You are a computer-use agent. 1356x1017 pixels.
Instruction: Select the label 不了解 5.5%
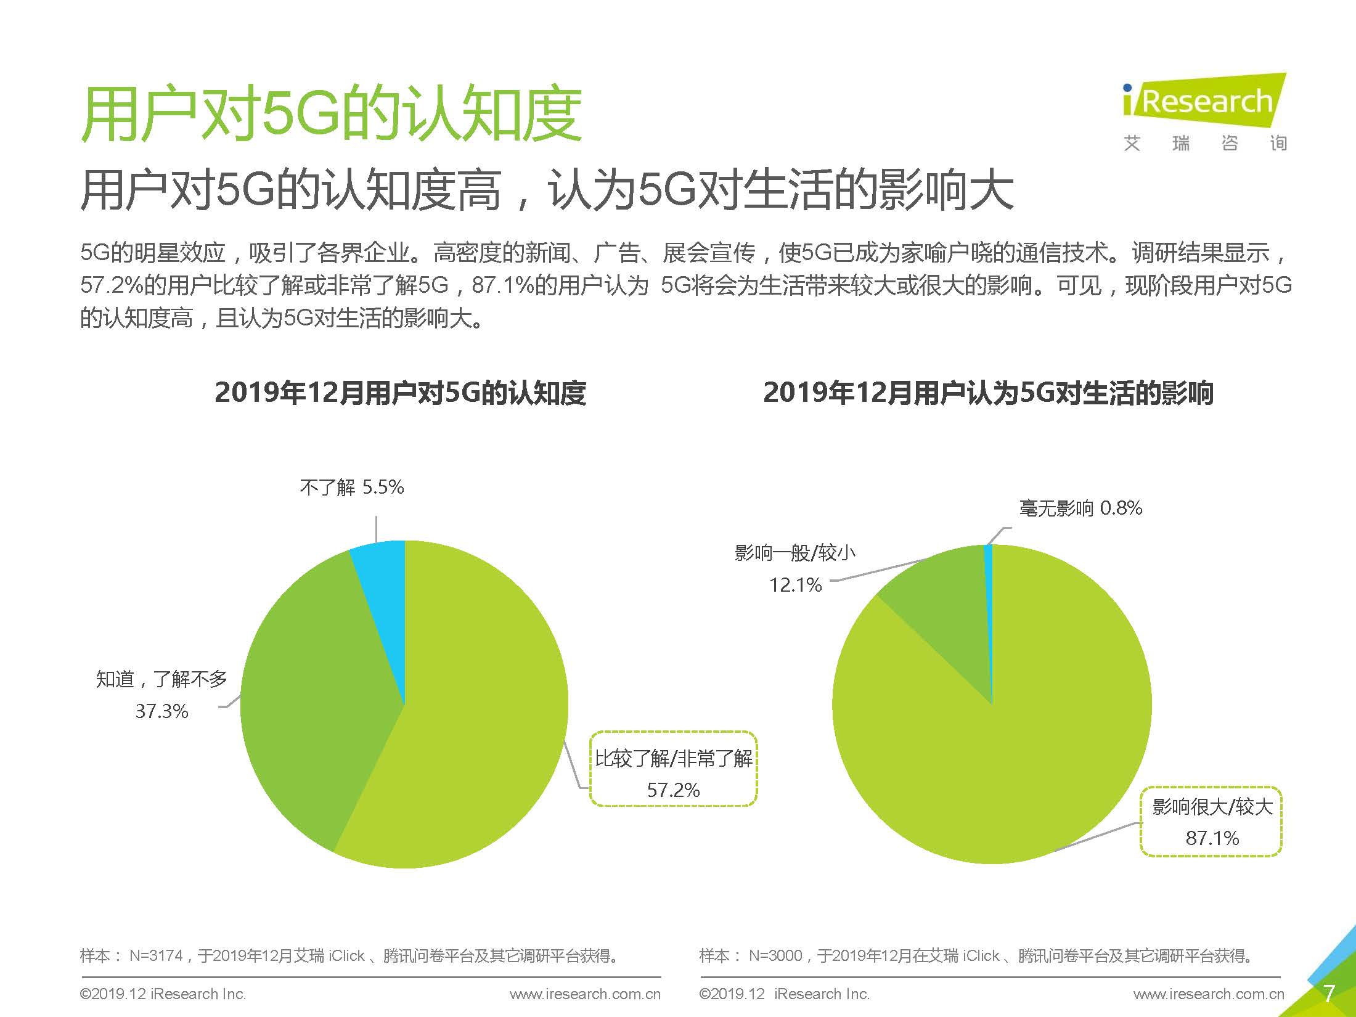click(351, 488)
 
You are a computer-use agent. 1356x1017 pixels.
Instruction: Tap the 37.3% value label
click(161, 711)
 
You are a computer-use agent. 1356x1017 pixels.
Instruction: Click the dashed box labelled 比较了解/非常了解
click(673, 769)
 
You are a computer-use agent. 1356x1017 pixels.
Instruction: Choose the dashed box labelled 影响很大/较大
click(1211, 822)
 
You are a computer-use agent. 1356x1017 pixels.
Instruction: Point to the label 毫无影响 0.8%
click(1080, 508)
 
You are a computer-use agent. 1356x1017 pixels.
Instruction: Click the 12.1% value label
click(795, 584)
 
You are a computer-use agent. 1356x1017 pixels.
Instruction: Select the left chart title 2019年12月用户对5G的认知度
click(400, 393)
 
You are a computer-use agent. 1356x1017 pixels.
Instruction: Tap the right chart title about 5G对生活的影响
click(988, 393)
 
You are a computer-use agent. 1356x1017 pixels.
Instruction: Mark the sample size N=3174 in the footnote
click(156, 956)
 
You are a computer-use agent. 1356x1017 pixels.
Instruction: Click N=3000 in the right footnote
click(775, 956)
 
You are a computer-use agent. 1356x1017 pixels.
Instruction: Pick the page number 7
click(1329, 994)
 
